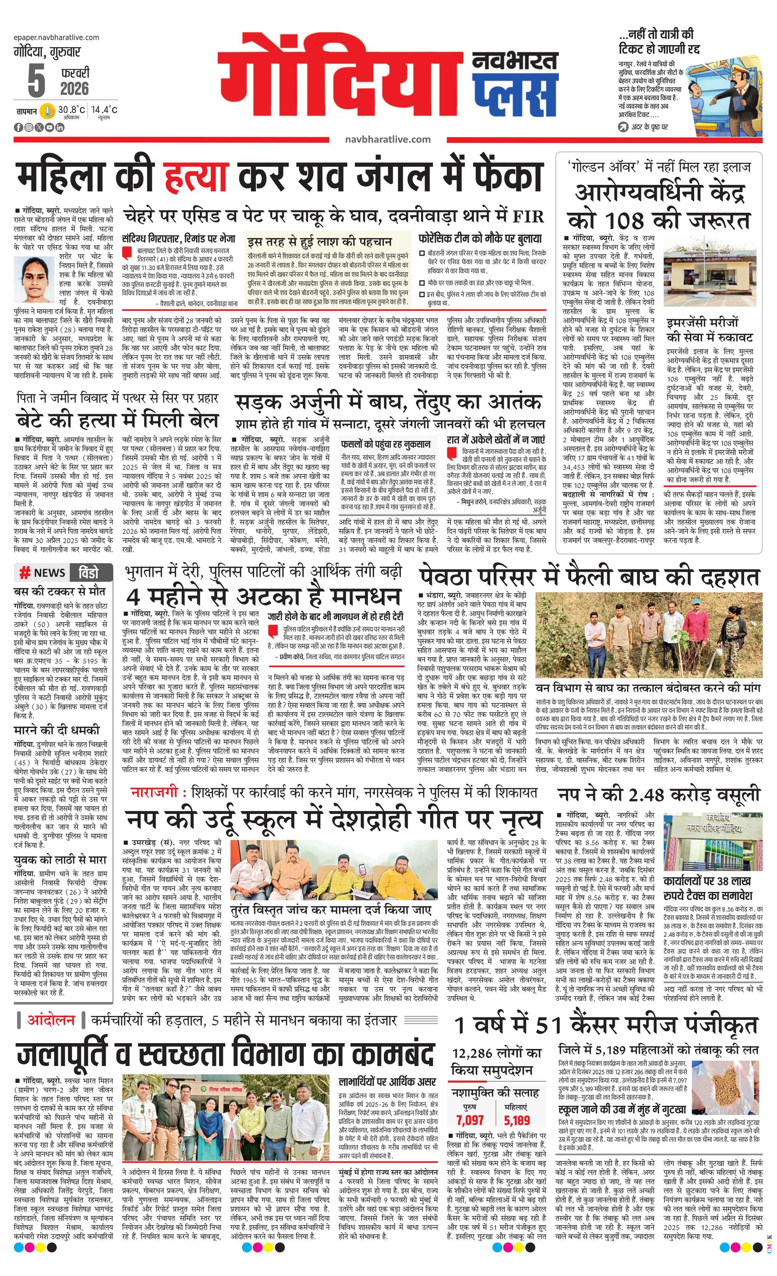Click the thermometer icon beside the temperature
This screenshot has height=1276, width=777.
point(47,111)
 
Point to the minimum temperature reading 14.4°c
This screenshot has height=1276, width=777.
point(104,109)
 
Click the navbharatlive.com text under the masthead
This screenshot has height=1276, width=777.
point(387,139)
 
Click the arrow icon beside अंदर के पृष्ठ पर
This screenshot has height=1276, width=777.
point(623,126)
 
